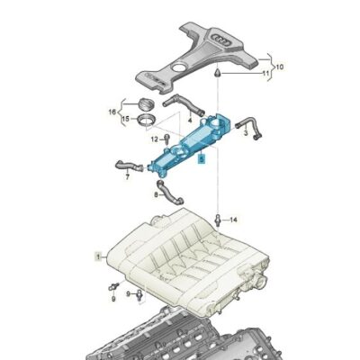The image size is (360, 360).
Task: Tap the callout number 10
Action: tap(278, 66)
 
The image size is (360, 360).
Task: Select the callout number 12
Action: tap(154, 139)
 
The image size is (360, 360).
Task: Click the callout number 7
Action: tap(127, 176)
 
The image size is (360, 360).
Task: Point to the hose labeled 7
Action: tap(127, 165)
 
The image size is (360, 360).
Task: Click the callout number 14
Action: tap(233, 219)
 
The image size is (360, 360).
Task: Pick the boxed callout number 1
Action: tap(99, 256)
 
